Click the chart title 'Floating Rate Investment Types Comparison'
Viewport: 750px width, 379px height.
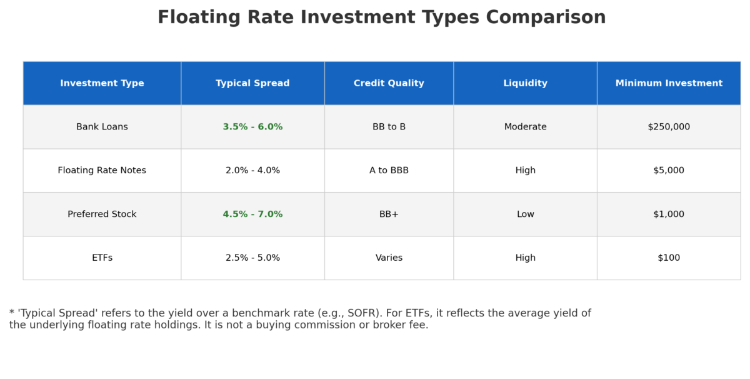(x=381, y=18)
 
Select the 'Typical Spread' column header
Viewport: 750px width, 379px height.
(x=252, y=83)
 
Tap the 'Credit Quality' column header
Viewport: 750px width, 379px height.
(x=389, y=83)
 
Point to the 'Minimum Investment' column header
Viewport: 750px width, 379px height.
(x=669, y=83)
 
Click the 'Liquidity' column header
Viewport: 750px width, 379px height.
(x=525, y=83)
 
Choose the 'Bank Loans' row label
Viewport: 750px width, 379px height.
(x=102, y=127)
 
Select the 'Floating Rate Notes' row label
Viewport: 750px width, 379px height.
(x=102, y=171)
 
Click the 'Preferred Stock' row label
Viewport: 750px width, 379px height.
(x=102, y=215)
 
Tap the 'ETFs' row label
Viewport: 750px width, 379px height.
(x=102, y=258)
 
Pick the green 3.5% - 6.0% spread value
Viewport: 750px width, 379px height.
(x=252, y=127)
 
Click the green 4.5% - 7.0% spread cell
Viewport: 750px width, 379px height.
(x=252, y=215)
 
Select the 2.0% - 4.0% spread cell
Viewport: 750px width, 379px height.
(x=252, y=171)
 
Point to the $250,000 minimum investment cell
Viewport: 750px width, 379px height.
(x=669, y=127)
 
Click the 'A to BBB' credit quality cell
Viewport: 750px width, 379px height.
(x=389, y=171)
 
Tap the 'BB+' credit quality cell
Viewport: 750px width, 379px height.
(x=389, y=215)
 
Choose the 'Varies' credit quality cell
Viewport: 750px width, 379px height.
(x=389, y=258)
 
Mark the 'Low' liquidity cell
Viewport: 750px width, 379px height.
(x=525, y=215)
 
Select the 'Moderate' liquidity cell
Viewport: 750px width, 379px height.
(x=525, y=127)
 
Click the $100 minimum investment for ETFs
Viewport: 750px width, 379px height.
(x=669, y=258)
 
